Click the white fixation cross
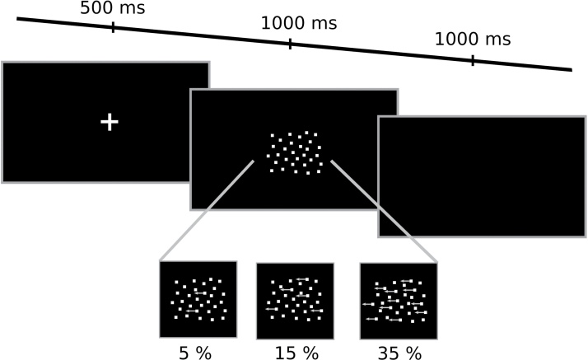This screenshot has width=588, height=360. pyautogui.click(x=110, y=122)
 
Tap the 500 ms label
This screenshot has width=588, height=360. pyautogui.click(x=112, y=9)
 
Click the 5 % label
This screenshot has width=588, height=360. pyautogui.click(x=196, y=352)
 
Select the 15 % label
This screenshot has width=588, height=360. pyautogui.click(x=295, y=352)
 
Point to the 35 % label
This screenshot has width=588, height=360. pyautogui.click(x=399, y=352)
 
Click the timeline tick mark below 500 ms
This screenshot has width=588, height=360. pyautogui.click(x=113, y=27)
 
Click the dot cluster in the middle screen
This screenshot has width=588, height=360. pyautogui.click(x=294, y=152)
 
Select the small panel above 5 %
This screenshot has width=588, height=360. pyautogui.click(x=198, y=299)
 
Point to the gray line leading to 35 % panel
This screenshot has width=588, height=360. pyautogui.click(x=383, y=211)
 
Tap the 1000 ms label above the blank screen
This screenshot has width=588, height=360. pyautogui.click(x=473, y=39)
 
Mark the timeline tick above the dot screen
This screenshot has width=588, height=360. pyautogui.click(x=290, y=43)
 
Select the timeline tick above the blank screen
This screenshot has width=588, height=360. pyautogui.click(x=473, y=59)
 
